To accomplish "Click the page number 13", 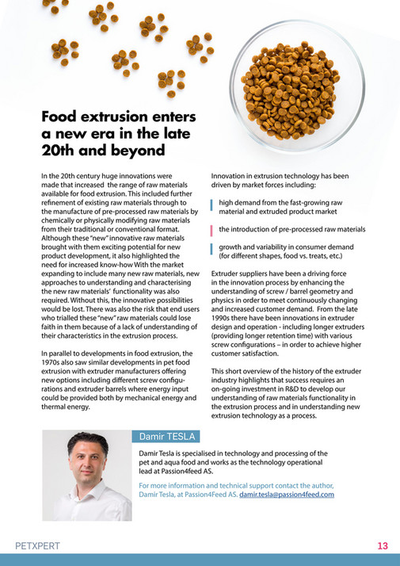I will point(383,546).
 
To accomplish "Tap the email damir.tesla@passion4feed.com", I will point(287,494).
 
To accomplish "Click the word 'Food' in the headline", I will point(63,117).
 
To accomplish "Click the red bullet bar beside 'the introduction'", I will point(212,230).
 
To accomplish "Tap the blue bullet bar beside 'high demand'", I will point(212,207).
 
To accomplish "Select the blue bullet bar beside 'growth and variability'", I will point(212,251).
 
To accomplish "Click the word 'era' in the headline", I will point(106,134).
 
